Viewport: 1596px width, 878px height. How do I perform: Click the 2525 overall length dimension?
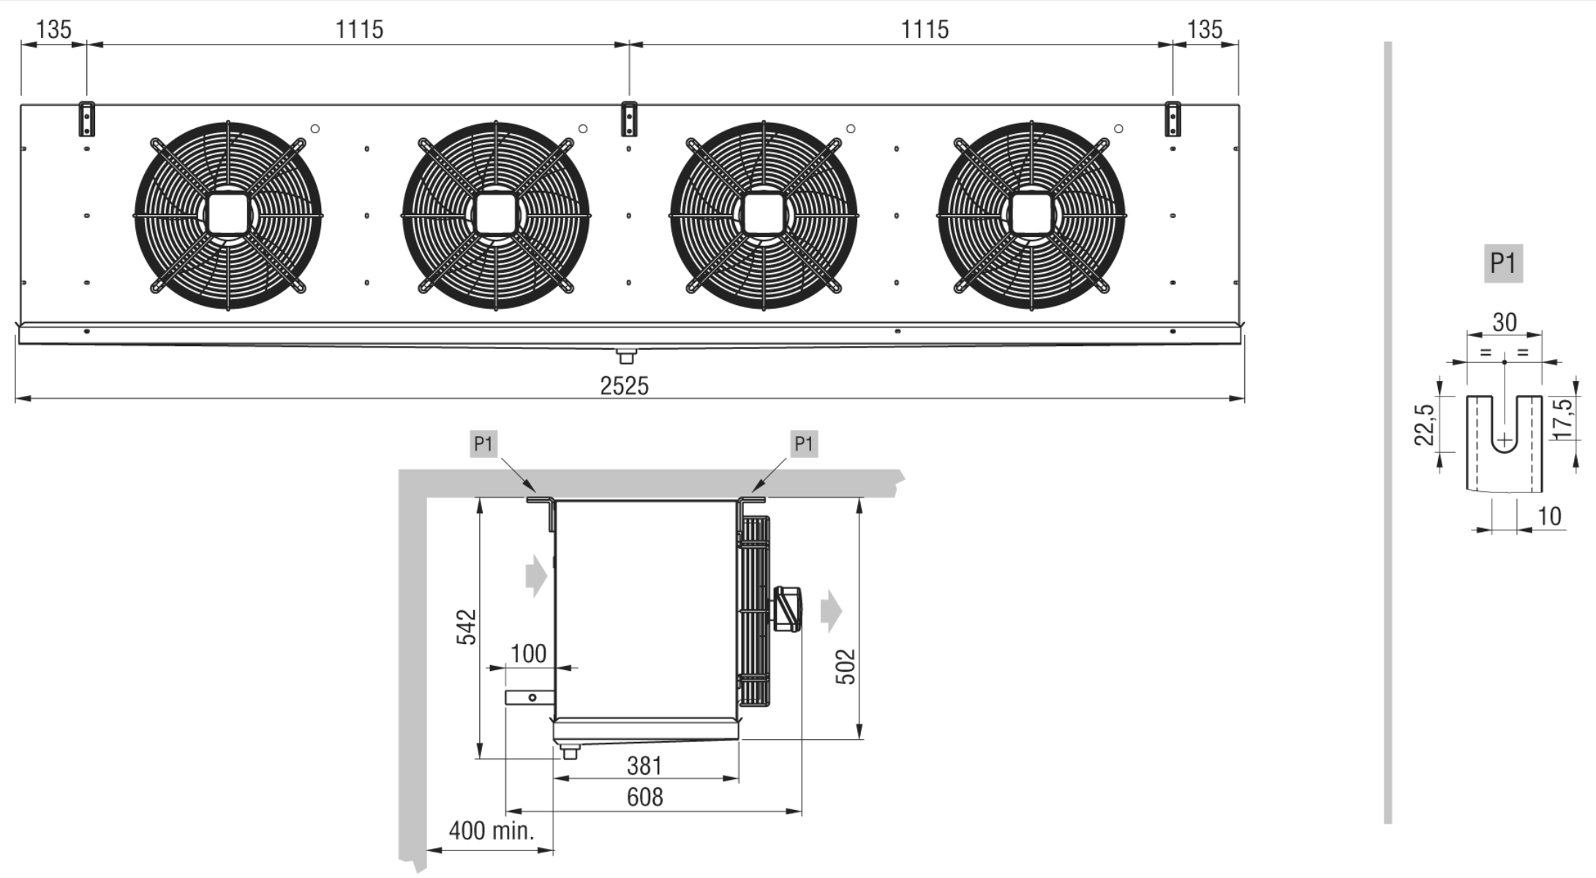point(624,386)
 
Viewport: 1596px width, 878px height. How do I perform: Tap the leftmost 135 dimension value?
point(53,29)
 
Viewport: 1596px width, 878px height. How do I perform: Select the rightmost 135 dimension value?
point(1204,29)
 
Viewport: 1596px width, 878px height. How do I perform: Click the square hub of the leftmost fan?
point(228,214)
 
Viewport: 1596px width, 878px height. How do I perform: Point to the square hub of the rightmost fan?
point(1031,214)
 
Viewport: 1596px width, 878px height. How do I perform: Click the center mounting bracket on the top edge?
point(629,119)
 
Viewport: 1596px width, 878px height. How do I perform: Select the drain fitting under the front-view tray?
point(626,356)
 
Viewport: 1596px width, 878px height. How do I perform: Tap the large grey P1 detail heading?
point(1503,263)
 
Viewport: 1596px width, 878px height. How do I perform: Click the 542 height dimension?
point(466,627)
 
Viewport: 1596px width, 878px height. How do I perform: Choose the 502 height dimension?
point(845,667)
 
